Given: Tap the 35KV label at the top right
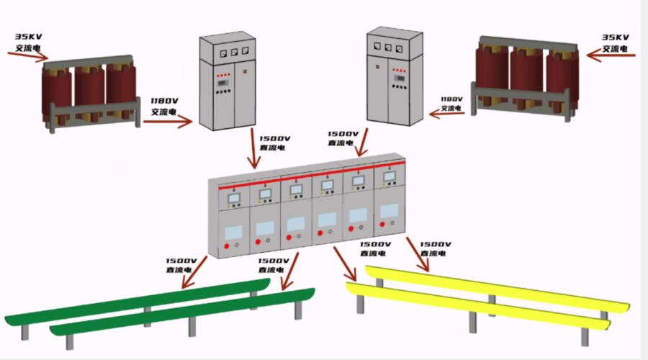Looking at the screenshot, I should click(616, 37).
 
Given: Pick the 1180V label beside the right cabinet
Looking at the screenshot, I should click(451, 99).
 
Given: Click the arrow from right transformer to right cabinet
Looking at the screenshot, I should click(446, 112).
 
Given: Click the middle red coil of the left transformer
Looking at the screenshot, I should click(90, 92).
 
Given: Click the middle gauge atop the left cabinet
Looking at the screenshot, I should click(233, 52).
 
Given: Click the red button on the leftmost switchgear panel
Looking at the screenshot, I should click(227, 247).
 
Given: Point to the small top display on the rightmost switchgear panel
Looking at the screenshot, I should click(390, 176).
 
